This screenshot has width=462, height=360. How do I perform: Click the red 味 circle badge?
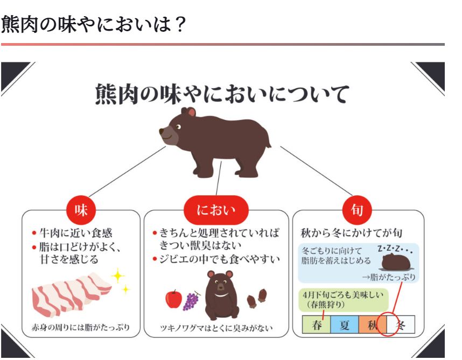click(81, 210)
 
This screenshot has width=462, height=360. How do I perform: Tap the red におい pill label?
click(216, 210)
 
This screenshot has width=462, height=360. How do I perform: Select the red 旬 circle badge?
click(357, 210)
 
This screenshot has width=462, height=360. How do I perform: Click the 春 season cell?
click(317, 324)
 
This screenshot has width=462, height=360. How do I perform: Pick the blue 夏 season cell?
click(345, 324)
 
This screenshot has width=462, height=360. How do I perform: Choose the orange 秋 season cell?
click(373, 324)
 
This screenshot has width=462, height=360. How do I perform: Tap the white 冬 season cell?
click(401, 324)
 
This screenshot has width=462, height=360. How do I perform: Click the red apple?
click(173, 299)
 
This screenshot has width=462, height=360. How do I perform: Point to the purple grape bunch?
click(192, 301)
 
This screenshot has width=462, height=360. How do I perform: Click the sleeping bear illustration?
click(396, 262)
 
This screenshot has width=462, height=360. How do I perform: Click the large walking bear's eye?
click(178, 127)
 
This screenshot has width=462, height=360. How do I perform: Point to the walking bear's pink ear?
click(192, 112)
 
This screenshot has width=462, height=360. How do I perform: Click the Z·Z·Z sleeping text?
click(395, 250)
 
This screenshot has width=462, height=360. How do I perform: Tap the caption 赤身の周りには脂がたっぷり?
click(81, 327)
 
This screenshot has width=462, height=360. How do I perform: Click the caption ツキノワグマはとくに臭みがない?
click(216, 328)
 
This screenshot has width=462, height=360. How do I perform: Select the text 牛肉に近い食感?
click(76, 233)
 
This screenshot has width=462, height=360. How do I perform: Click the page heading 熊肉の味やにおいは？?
click(93, 24)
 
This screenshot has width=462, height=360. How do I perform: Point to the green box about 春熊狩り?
click(343, 300)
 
